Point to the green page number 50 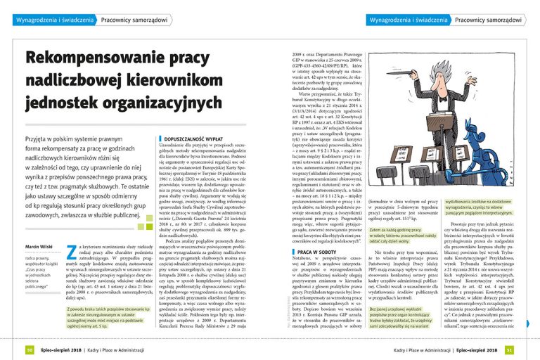(30, 349)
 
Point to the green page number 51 (510, 349)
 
